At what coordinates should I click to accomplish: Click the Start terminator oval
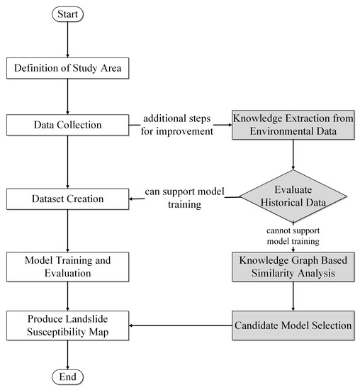[67, 13]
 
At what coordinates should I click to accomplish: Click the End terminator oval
[67, 377]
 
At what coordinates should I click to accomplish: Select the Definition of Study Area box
[67, 69]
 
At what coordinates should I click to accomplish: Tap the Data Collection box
[67, 126]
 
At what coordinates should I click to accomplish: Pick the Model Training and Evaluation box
[67, 267]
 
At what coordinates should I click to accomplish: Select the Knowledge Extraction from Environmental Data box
[293, 126]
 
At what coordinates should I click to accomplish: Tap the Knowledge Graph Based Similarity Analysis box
[293, 267]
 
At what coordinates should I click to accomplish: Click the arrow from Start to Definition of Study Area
[67, 40]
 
